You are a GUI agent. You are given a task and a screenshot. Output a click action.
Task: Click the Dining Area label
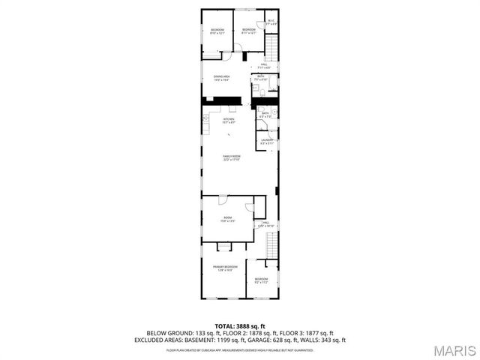tap(221, 78)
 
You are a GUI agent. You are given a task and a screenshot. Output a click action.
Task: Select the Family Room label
tap(230, 157)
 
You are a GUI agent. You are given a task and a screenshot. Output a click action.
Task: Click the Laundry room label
tap(266, 141)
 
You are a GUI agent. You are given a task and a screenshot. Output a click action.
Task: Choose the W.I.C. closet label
tap(271, 22)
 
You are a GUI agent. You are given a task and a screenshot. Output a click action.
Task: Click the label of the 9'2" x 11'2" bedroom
tap(261, 280)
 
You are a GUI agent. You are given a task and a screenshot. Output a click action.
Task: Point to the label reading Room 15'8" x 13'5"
tap(227, 220)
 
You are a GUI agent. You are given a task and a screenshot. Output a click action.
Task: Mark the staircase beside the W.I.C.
tap(271, 50)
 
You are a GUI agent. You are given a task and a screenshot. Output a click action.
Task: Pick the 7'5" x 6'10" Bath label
tap(261, 77)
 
